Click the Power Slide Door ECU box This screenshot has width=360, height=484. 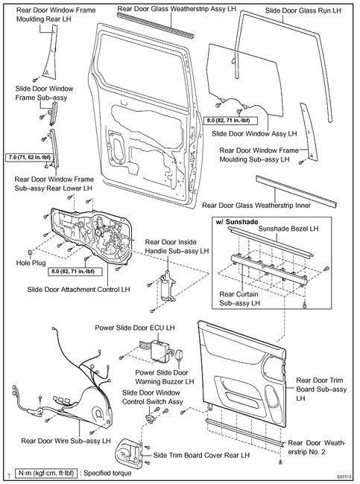160,351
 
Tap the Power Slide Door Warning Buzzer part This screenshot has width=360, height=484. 179,355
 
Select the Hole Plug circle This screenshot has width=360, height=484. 31,253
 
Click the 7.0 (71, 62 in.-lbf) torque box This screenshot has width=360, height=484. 29,158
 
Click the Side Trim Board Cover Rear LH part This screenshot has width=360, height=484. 129,451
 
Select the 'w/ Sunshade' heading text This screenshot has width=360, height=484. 237,222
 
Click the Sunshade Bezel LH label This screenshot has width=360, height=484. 288,229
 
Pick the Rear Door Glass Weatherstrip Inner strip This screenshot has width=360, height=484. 296,191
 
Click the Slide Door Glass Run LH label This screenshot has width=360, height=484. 303,10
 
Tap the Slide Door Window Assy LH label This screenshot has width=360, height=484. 254,133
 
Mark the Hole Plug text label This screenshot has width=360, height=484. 31,263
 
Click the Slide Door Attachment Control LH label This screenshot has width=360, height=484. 78,290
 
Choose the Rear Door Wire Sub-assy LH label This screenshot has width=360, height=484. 66,441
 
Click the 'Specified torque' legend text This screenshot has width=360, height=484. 107,473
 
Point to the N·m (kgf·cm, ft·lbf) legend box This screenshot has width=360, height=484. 46,473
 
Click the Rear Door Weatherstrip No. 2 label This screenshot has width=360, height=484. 317,448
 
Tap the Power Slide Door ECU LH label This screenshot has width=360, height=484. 135,328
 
